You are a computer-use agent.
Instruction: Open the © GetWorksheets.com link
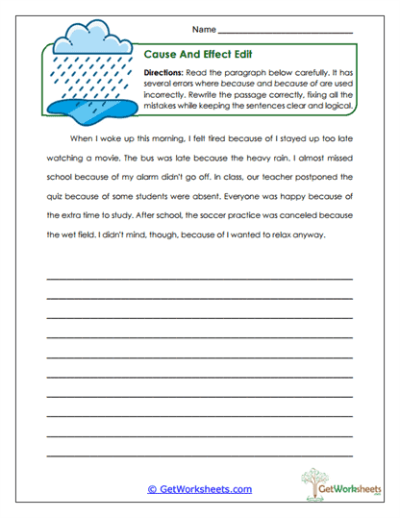click(199, 489)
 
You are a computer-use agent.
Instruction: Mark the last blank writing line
click(199, 455)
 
